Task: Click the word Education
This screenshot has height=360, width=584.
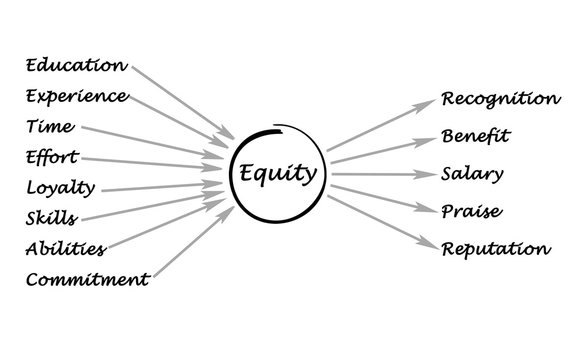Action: point(77,67)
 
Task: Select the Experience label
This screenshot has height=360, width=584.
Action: point(77,98)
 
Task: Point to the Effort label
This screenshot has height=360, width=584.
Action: point(49,157)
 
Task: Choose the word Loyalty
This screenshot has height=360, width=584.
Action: point(59,187)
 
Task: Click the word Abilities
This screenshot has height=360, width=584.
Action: point(65,247)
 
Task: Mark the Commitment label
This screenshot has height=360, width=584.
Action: point(88,278)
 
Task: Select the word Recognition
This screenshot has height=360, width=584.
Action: point(500,99)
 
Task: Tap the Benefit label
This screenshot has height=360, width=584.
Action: point(475,135)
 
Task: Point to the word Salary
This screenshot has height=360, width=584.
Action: point(471,173)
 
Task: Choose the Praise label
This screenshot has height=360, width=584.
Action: point(471,211)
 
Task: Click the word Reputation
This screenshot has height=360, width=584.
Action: point(496,249)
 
